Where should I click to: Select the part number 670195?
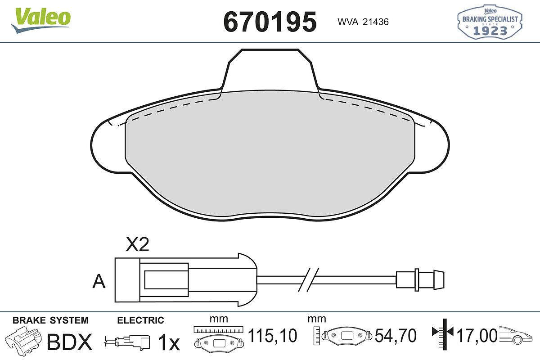(270, 22)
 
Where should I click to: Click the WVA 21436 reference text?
(363, 22)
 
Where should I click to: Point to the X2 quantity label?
(137, 244)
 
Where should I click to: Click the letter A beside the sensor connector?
(99, 281)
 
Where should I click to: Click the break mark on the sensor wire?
(308, 280)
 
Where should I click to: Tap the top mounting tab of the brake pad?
(270, 70)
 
